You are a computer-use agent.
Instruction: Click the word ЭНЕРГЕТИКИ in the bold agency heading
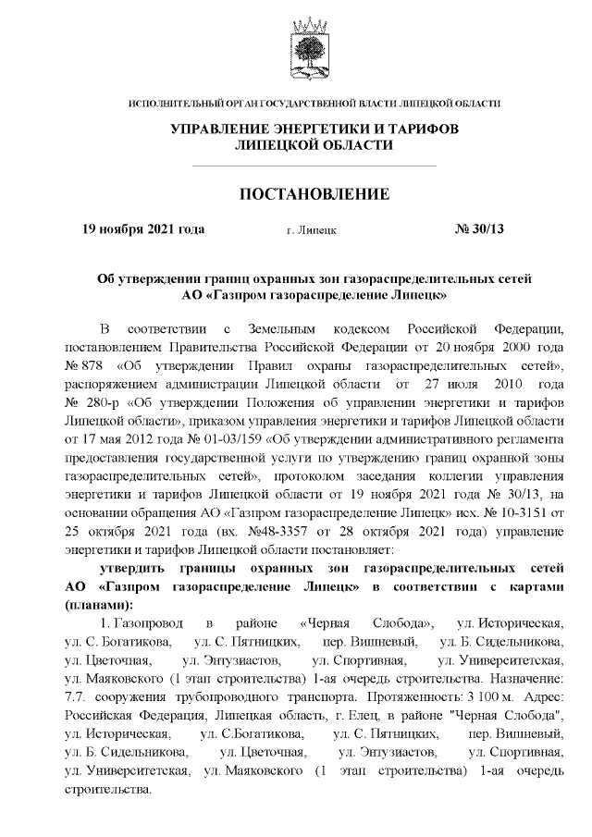318,128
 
